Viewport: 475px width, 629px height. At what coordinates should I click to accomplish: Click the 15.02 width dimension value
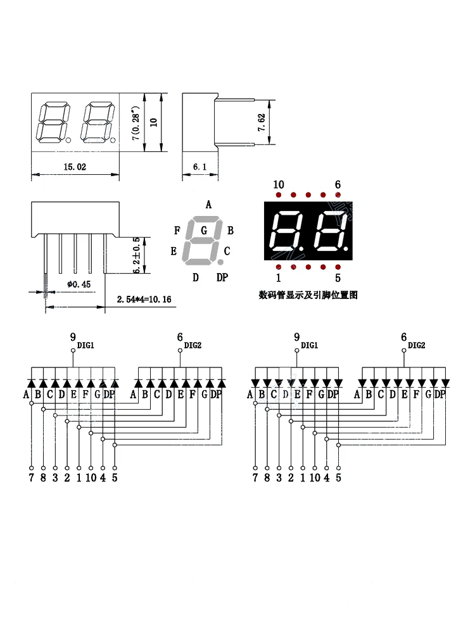pyautogui.click(x=75, y=167)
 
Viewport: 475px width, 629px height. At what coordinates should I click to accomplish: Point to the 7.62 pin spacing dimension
pyautogui.click(x=260, y=122)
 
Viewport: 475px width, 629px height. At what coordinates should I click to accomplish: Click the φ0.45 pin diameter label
pyautogui.click(x=79, y=284)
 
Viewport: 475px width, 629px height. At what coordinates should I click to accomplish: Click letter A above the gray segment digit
pyautogui.click(x=208, y=204)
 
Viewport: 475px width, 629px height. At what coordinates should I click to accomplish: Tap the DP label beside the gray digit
pyautogui.click(x=222, y=277)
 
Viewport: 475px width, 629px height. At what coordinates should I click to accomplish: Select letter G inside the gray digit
pyautogui.click(x=204, y=231)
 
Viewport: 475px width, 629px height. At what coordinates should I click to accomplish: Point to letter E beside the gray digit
pyautogui.click(x=174, y=251)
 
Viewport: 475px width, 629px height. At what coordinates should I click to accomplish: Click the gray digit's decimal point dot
pyautogui.click(x=220, y=261)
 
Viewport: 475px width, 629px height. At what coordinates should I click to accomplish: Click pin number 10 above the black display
pyautogui.click(x=279, y=185)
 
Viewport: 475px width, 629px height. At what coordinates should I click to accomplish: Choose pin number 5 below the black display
pyautogui.click(x=338, y=277)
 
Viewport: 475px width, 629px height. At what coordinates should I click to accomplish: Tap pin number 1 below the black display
pyautogui.click(x=278, y=277)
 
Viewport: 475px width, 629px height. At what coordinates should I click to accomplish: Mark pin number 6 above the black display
pyautogui.click(x=338, y=185)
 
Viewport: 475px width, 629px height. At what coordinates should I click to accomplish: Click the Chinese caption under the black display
pyautogui.click(x=308, y=295)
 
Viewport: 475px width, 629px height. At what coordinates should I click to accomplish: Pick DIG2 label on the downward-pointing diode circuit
pyautogui.click(x=416, y=345)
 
